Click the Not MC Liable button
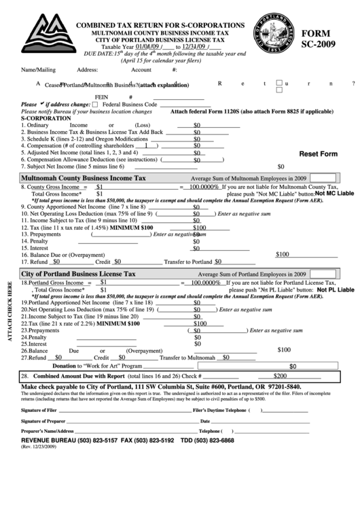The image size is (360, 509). pos(334,194)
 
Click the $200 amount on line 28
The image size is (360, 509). pos(278,375)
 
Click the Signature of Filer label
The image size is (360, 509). pos(39,410)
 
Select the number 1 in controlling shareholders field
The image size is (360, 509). pos(146,145)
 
